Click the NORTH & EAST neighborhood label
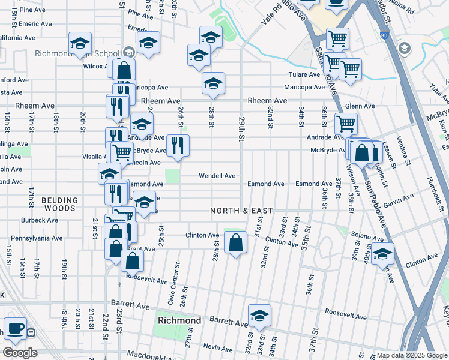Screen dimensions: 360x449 [x=241, y=211]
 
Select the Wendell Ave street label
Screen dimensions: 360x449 [x=217, y=176]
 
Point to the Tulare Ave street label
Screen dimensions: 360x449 [x=304, y=75]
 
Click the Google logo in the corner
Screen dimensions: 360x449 [x=20, y=353]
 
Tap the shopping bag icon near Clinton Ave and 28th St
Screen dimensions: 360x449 [x=236, y=243]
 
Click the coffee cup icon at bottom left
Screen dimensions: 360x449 [x=15, y=328]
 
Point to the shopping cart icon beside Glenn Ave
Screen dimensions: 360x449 [x=346, y=124]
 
